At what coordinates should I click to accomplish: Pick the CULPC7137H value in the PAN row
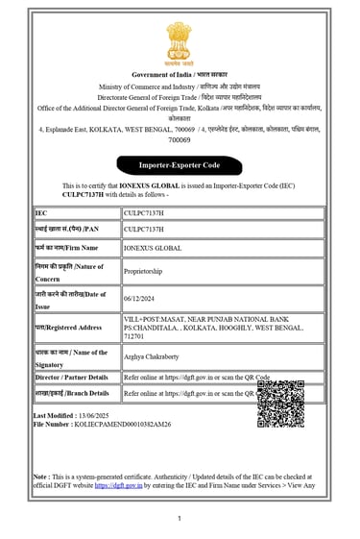click(144, 230)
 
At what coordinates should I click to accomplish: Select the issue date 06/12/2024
click(140, 299)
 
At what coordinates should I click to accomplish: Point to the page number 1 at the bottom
click(180, 519)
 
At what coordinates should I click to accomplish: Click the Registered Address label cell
click(77, 327)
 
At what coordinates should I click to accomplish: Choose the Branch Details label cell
click(77, 393)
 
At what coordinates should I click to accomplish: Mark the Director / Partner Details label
click(77, 378)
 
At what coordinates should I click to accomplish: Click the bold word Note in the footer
click(40, 476)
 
